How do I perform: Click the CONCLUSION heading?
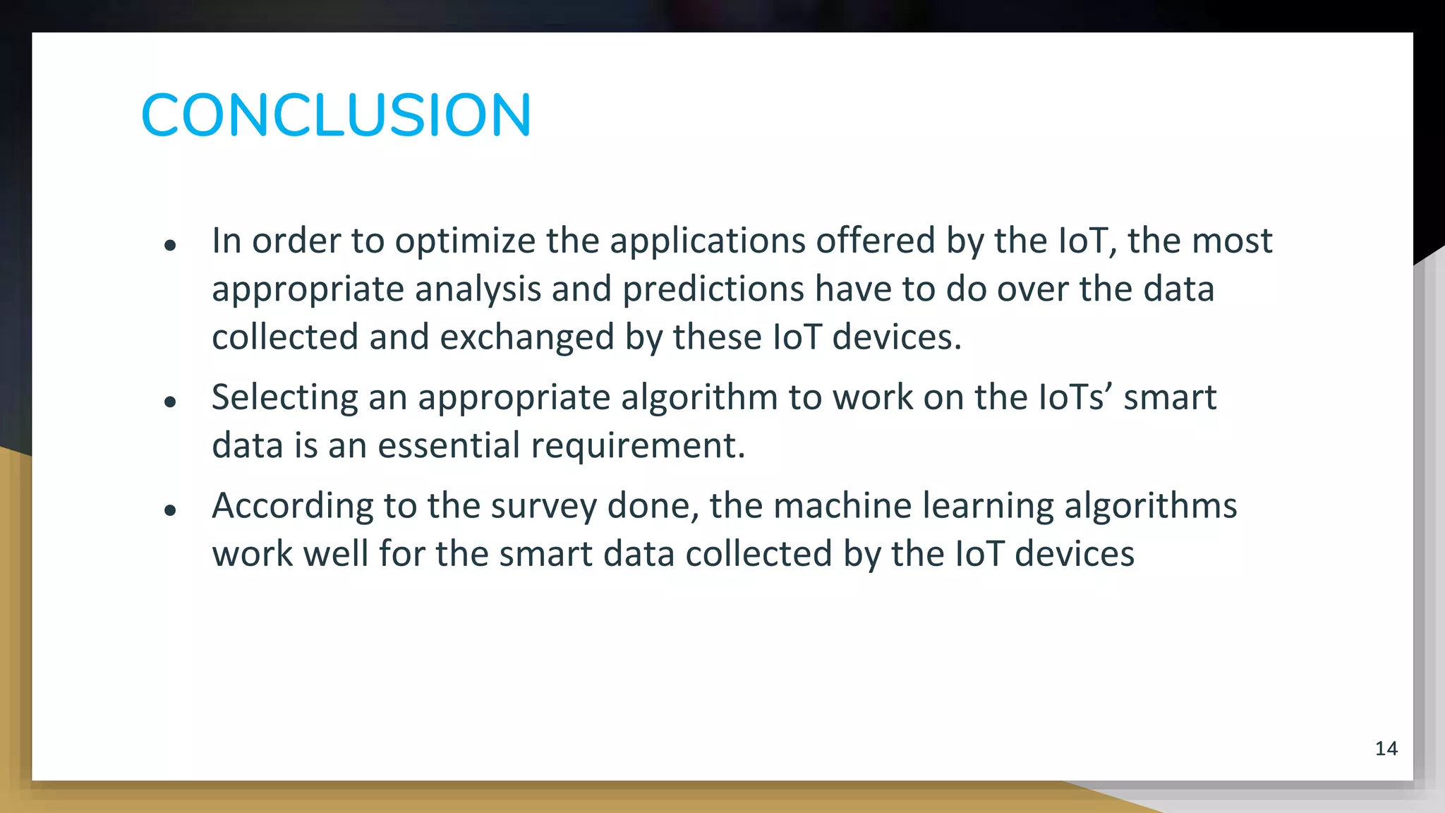[x=336, y=114]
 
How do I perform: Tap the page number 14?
[x=1386, y=749]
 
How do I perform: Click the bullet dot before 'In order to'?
[x=169, y=246]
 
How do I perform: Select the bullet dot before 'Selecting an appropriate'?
[x=169, y=402]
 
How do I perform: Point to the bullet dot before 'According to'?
[x=169, y=510]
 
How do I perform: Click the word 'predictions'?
[x=713, y=289]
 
